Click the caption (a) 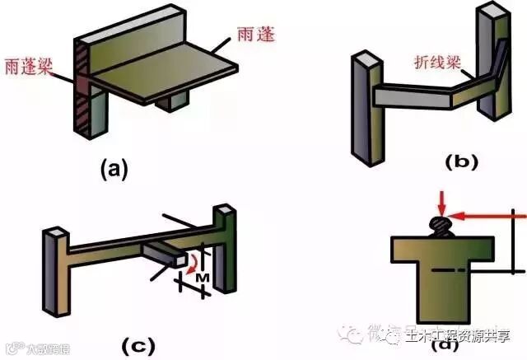[114, 170]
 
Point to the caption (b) [460, 161]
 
